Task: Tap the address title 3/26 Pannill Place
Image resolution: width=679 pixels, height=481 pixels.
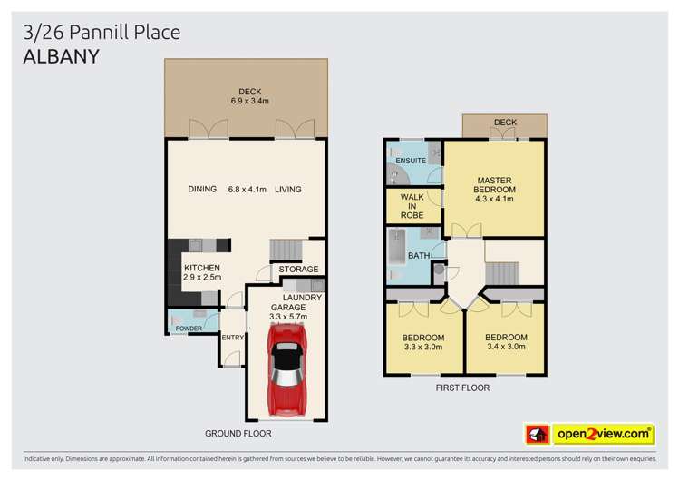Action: pyautogui.click(x=102, y=33)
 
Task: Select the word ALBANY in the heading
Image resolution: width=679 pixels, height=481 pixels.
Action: pyautogui.click(x=61, y=55)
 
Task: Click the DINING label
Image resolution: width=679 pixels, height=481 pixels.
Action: pyautogui.click(x=202, y=190)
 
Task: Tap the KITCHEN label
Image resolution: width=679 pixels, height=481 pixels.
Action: pyautogui.click(x=202, y=268)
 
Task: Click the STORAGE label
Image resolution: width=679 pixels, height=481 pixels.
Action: pyautogui.click(x=298, y=270)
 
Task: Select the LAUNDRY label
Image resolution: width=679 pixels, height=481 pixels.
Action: pyautogui.click(x=302, y=297)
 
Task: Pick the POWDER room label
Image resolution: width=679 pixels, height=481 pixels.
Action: pyautogui.click(x=189, y=328)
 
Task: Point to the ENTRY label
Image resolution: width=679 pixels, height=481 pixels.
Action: pyautogui.click(x=233, y=339)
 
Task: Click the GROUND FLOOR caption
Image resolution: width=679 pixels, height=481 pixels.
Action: pyautogui.click(x=238, y=434)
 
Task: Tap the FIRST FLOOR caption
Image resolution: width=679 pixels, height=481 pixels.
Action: pyautogui.click(x=463, y=388)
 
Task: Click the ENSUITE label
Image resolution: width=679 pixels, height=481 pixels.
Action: pyautogui.click(x=411, y=161)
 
